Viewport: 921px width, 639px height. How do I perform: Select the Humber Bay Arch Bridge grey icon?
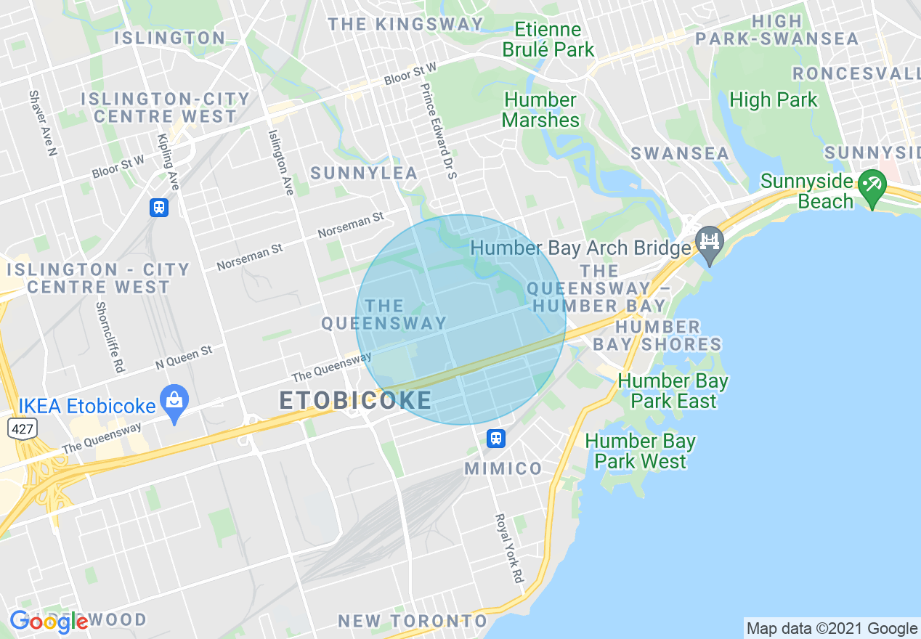[x=709, y=241]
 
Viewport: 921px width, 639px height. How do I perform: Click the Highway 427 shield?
[x=22, y=428]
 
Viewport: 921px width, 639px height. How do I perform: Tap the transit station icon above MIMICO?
[x=495, y=439]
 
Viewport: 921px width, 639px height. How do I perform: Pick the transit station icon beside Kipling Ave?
[x=158, y=208]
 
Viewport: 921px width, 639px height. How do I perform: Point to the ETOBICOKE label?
[x=355, y=400]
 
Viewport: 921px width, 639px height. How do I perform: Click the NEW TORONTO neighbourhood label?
[x=413, y=621]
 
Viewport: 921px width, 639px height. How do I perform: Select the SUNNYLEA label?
[x=364, y=173]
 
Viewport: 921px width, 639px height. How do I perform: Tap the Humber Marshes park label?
[x=541, y=110]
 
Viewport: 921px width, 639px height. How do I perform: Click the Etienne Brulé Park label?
[x=548, y=40]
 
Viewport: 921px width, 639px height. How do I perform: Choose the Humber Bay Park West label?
[x=640, y=451]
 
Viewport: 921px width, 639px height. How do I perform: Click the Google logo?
[x=49, y=621]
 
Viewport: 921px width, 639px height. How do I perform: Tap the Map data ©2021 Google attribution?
[x=832, y=628]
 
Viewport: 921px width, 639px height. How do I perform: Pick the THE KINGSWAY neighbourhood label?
[x=405, y=24]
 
